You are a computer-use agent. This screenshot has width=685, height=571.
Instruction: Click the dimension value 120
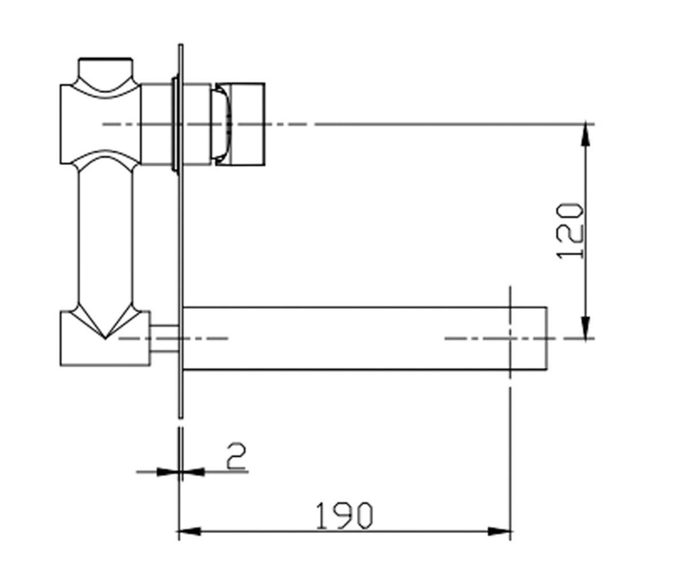pos(571,231)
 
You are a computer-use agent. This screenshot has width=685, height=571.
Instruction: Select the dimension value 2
pos(236,456)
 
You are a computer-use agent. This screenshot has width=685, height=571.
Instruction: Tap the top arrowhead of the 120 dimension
pos(586,135)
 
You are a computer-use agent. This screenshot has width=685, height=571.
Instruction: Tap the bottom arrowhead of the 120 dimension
pos(586,327)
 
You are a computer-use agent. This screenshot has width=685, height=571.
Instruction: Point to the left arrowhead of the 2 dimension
pos(168,472)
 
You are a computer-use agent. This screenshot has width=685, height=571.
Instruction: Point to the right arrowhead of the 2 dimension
pos(194,472)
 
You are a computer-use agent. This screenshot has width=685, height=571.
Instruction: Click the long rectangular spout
pos(365,339)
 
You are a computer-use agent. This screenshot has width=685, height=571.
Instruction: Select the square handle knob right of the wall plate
pos(240,124)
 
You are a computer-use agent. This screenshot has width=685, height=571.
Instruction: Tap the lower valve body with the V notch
pos(105,338)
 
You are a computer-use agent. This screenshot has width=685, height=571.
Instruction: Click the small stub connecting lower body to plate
pos(164,339)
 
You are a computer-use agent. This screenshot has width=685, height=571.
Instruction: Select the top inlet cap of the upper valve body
pos(106,71)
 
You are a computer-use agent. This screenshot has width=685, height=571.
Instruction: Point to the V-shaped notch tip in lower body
pos(105,339)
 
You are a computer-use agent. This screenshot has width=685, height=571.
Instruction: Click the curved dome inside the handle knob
pos(223,124)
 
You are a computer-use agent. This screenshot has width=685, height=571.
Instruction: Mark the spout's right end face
pos(547,339)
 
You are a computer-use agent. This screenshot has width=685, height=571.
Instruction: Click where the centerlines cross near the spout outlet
pos(510,338)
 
